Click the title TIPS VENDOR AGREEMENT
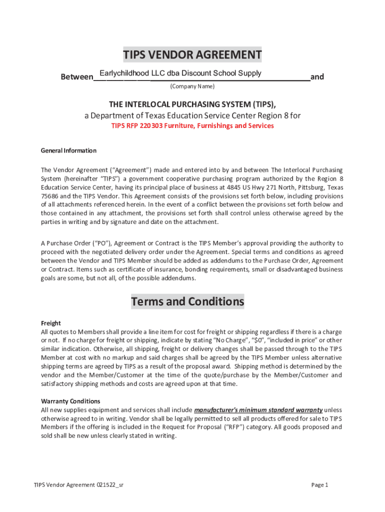(192, 54)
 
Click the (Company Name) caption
(192, 86)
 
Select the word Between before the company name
(77, 77)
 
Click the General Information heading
(68, 150)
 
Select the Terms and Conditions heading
(187, 301)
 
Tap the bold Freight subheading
(50, 323)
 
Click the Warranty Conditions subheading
(70, 401)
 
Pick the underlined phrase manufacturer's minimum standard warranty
(258, 410)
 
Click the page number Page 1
(319, 484)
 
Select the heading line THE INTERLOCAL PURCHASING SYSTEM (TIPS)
(192, 104)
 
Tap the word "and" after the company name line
(317, 77)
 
